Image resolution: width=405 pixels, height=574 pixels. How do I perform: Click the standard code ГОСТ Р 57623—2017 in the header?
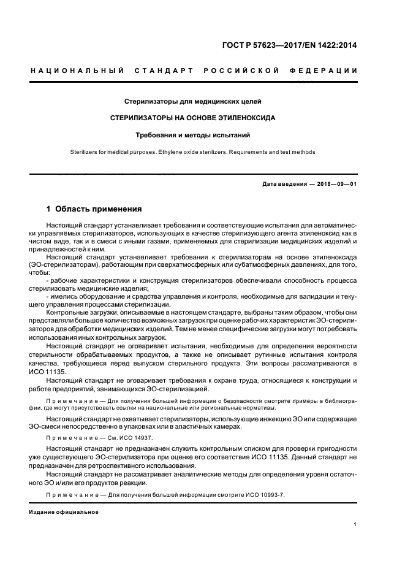click(x=263, y=44)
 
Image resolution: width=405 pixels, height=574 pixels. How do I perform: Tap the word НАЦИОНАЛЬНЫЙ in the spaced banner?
click(x=76, y=71)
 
